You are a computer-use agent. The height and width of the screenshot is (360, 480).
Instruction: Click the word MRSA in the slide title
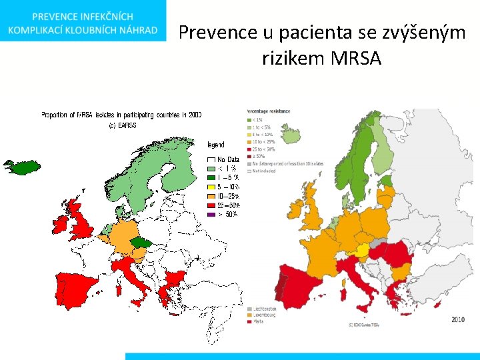tap(355, 59)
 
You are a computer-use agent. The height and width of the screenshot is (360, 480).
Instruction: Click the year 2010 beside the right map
tap(457, 319)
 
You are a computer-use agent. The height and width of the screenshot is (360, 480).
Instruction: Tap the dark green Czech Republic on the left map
tap(141, 243)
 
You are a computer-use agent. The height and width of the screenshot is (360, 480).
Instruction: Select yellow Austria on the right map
tap(362, 251)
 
